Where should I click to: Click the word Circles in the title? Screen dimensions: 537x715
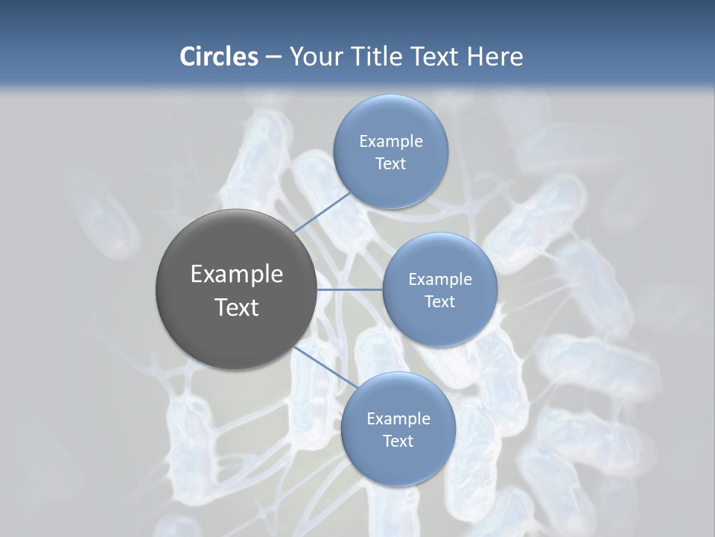tap(218, 56)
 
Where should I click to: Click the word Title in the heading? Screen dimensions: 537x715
tap(370, 56)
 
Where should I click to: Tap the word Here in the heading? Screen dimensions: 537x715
tap(495, 56)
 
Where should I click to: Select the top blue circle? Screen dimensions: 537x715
tap(390, 186)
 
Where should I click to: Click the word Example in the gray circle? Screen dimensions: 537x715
tap(237, 274)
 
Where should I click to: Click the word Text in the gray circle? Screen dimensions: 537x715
tap(237, 307)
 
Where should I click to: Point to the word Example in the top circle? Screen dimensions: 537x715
tap(390, 141)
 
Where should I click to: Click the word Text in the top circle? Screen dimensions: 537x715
tap(390, 164)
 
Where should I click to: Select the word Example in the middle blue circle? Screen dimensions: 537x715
tap(439, 279)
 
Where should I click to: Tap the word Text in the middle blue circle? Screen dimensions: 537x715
tap(439, 301)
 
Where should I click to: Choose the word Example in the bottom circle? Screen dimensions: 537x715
tap(398, 418)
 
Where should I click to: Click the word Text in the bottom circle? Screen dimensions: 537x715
tap(398, 441)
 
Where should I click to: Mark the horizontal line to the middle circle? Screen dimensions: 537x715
tap(350, 289)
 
